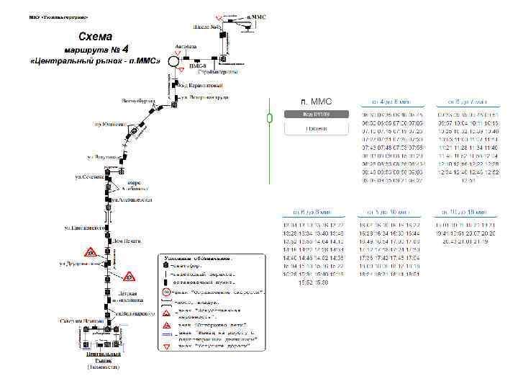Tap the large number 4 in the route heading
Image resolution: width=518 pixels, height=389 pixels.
pyautogui.click(x=126, y=50)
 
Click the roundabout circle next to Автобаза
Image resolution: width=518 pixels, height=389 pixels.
pyautogui.click(x=174, y=62)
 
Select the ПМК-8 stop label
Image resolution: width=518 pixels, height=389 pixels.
pyautogui.click(x=197, y=66)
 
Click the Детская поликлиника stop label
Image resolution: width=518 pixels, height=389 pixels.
pyautogui.click(x=127, y=297)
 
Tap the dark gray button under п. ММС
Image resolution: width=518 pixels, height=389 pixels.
pyautogui.click(x=317, y=114)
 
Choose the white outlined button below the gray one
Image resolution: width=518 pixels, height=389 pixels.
pyautogui.click(x=317, y=128)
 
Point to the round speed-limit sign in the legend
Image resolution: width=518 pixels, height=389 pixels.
pyautogui.click(x=166, y=292)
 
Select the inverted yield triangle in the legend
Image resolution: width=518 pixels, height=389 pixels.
pyautogui.click(x=167, y=346)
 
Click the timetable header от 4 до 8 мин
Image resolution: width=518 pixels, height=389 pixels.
pyautogui.click(x=391, y=102)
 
